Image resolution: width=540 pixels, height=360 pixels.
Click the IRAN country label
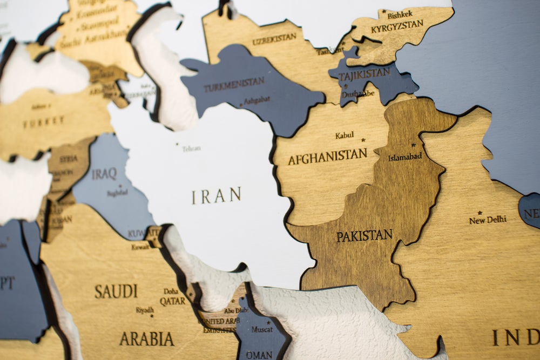pos(216,195)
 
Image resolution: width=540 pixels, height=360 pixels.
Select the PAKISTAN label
pos(364,236)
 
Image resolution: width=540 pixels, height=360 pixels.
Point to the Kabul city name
pos(345,135)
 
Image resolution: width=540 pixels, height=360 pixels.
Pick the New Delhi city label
pos(488,220)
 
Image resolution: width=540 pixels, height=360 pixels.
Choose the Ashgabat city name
pos(256,100)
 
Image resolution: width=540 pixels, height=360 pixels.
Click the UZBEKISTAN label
pos(274,39)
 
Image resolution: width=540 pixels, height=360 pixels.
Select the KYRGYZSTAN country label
pos(397,26)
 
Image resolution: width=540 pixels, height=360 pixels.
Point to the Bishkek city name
pos(400,15)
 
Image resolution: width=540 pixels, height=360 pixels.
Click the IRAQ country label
pos(104,174)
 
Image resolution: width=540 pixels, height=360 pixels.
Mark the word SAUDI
pos(116,291)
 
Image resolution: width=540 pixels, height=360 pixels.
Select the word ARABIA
pos(146,339)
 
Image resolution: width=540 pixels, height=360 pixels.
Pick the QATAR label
pos(172,301)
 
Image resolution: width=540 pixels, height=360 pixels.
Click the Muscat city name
pos(262,329)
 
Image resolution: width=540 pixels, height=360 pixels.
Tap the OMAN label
pos(259,355)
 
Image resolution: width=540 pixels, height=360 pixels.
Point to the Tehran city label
pos(191,148)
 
